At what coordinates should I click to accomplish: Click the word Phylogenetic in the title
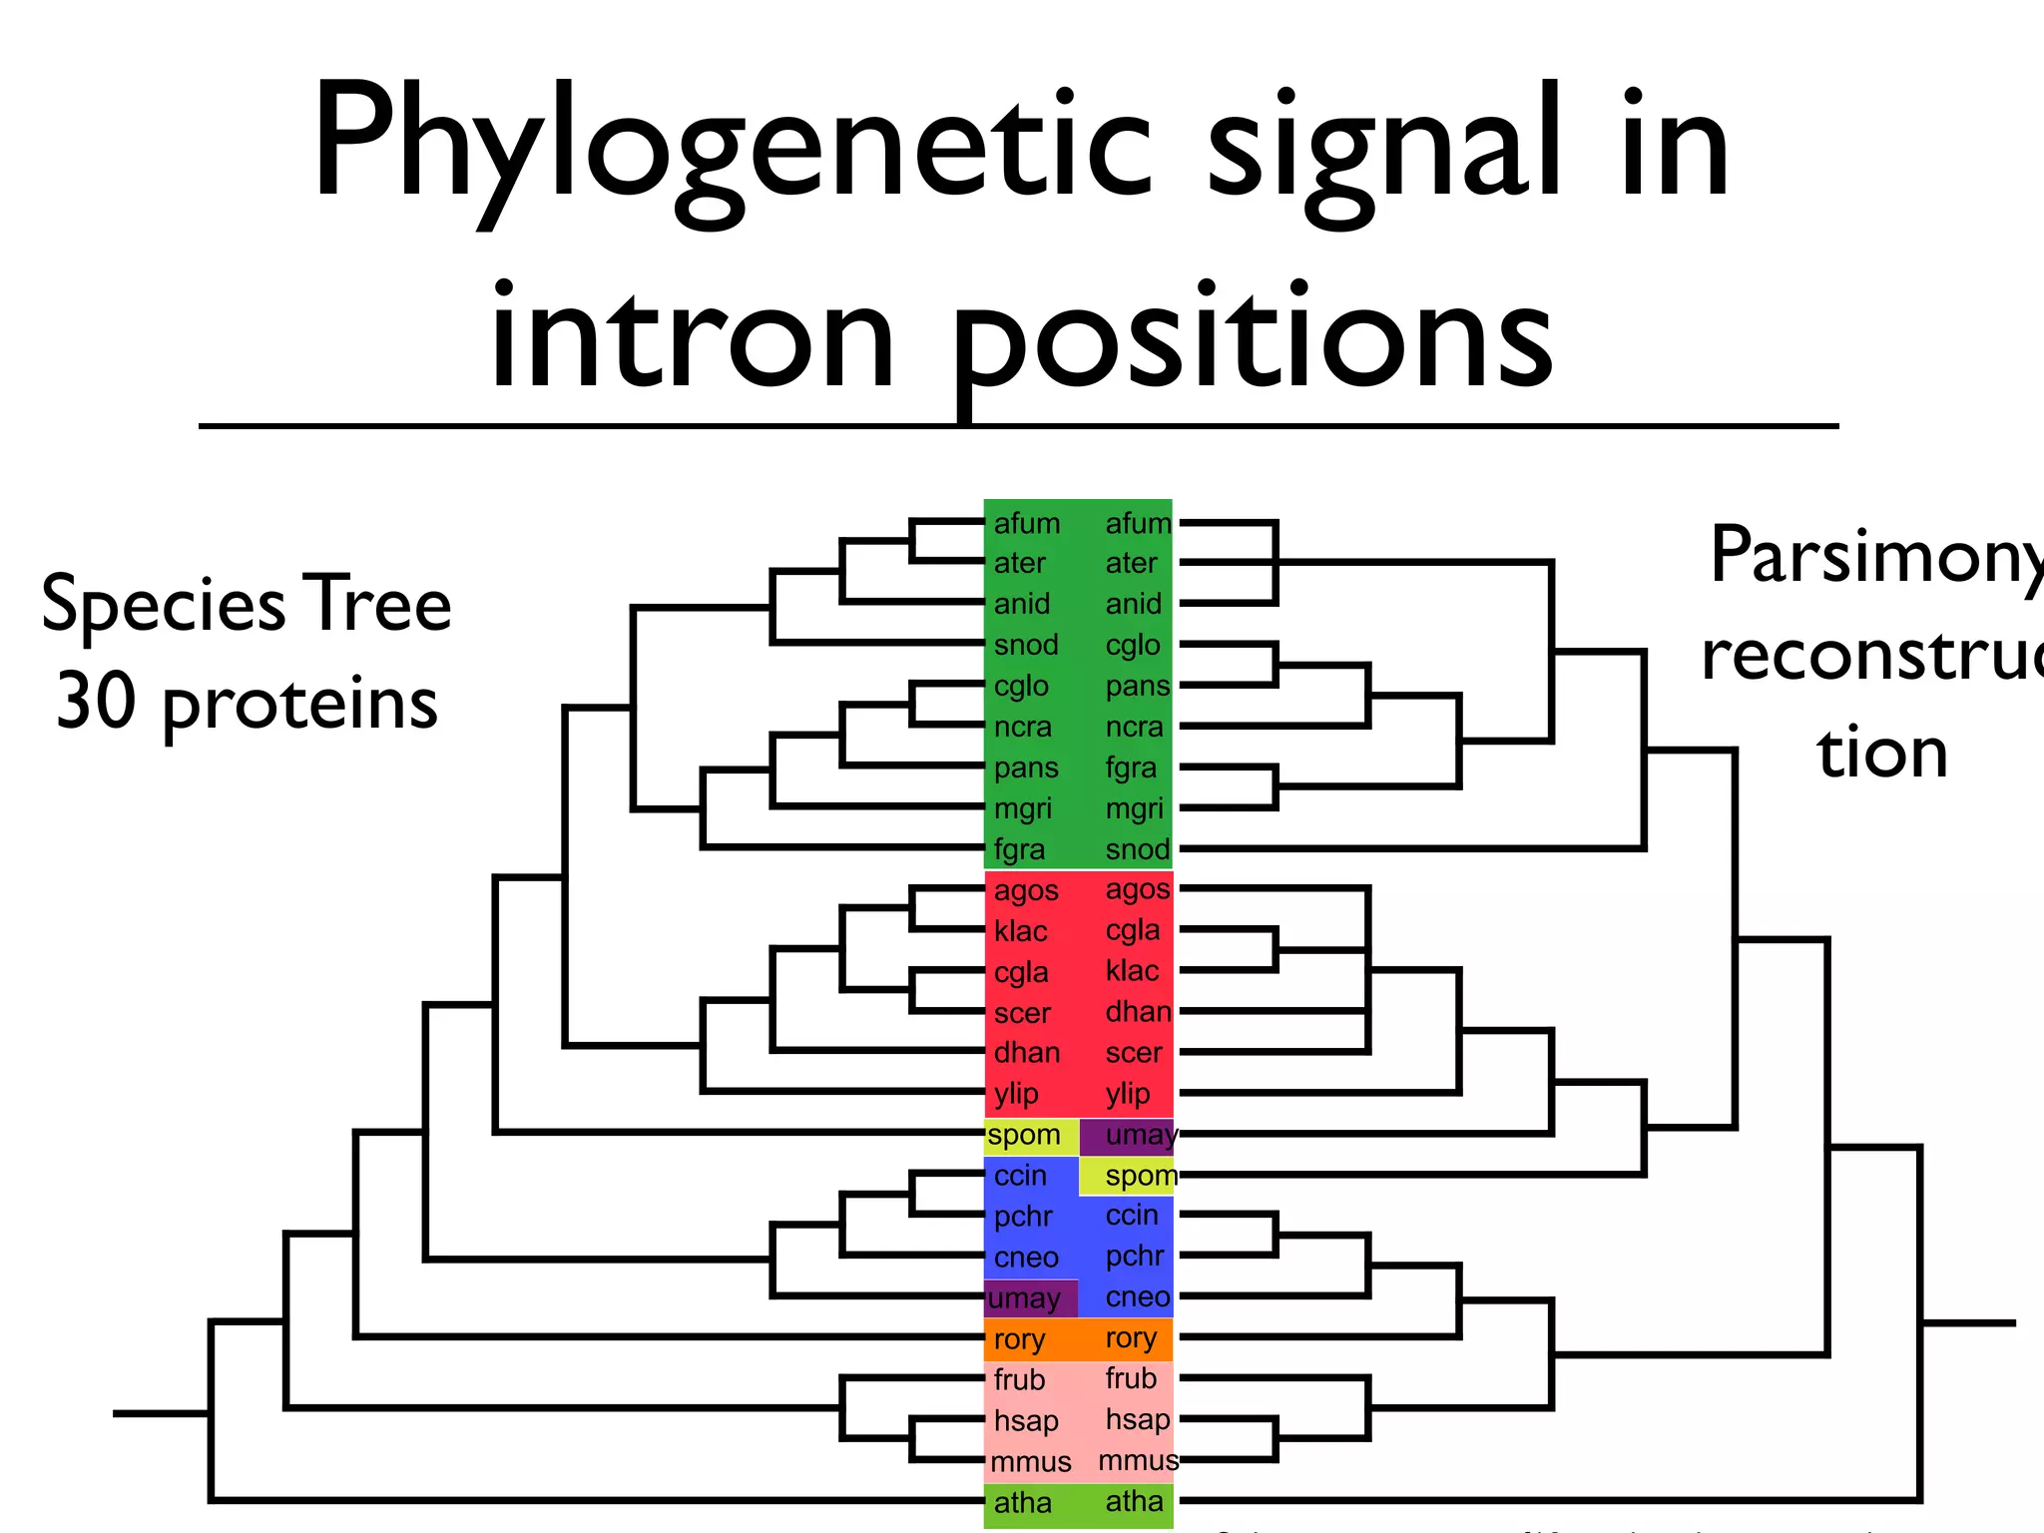pyautogui.click(x=734, y=145)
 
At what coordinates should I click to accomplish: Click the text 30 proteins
pyautogui.click(x=247, y=703)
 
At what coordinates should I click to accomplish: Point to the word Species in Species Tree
pyautogui.click(x=165, y=605)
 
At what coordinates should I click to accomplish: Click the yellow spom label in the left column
pyautogui.click(x=1024, y=1136)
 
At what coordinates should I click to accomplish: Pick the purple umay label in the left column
pyautogui.click(x=1024, y=1298)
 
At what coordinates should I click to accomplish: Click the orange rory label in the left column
pyautogui.click(x=1019, y=1339)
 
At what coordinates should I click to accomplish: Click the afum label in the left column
pyautogui.click(x=1026, y=523)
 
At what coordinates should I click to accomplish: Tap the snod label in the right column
pyautogui.click(x=1137, y=849)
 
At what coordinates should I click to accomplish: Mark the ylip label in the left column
pyautogui.click(x=1016, y=1094)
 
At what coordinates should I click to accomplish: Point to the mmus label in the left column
pyautogui.click(x=1030, y=1462)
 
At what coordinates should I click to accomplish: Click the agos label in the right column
pyautogui.click(x=1137, y=889)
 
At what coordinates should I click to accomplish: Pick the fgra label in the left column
pyautogui.click(x=1019, y=849)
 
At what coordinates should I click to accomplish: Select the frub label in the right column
pyautogui.click(x=1131, y=1378)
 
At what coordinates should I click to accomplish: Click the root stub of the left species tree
pyautogui.click(x=160, y=1413)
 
